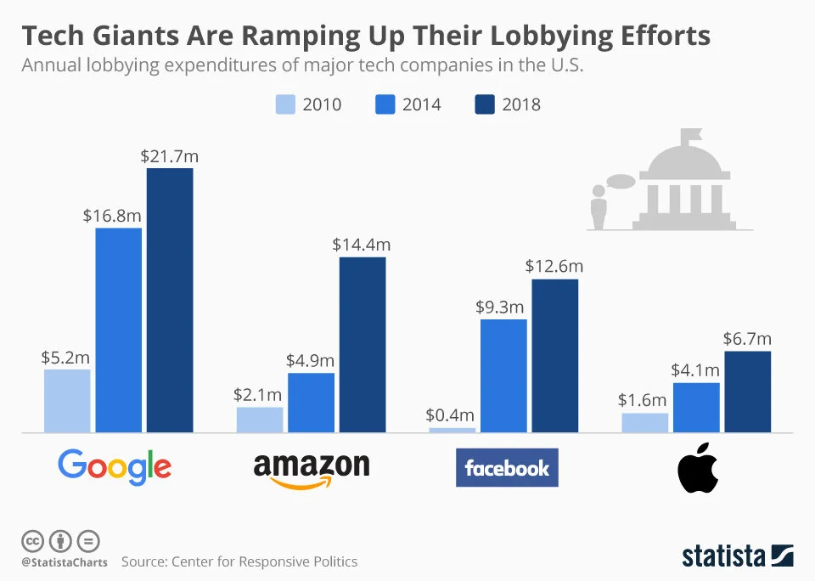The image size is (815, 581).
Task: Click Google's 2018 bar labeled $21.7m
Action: (170, 300)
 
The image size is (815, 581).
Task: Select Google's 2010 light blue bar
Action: (67, 400)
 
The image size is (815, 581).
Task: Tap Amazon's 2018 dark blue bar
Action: (363, 344)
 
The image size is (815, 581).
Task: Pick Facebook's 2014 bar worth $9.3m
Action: (503, 375)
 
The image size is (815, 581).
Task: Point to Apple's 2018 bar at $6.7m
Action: (748, 391)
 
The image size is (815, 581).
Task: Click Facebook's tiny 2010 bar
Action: (452, 430)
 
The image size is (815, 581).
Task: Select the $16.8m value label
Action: (112, 216)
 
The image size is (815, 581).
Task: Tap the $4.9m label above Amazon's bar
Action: (311, 361)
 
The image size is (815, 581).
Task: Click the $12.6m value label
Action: (554, 267)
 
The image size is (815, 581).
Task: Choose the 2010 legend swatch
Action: (285, 104)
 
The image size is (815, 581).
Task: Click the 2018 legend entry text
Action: (521, 104)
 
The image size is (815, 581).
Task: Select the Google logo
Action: (115, 466)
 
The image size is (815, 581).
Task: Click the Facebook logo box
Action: (507, 467)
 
